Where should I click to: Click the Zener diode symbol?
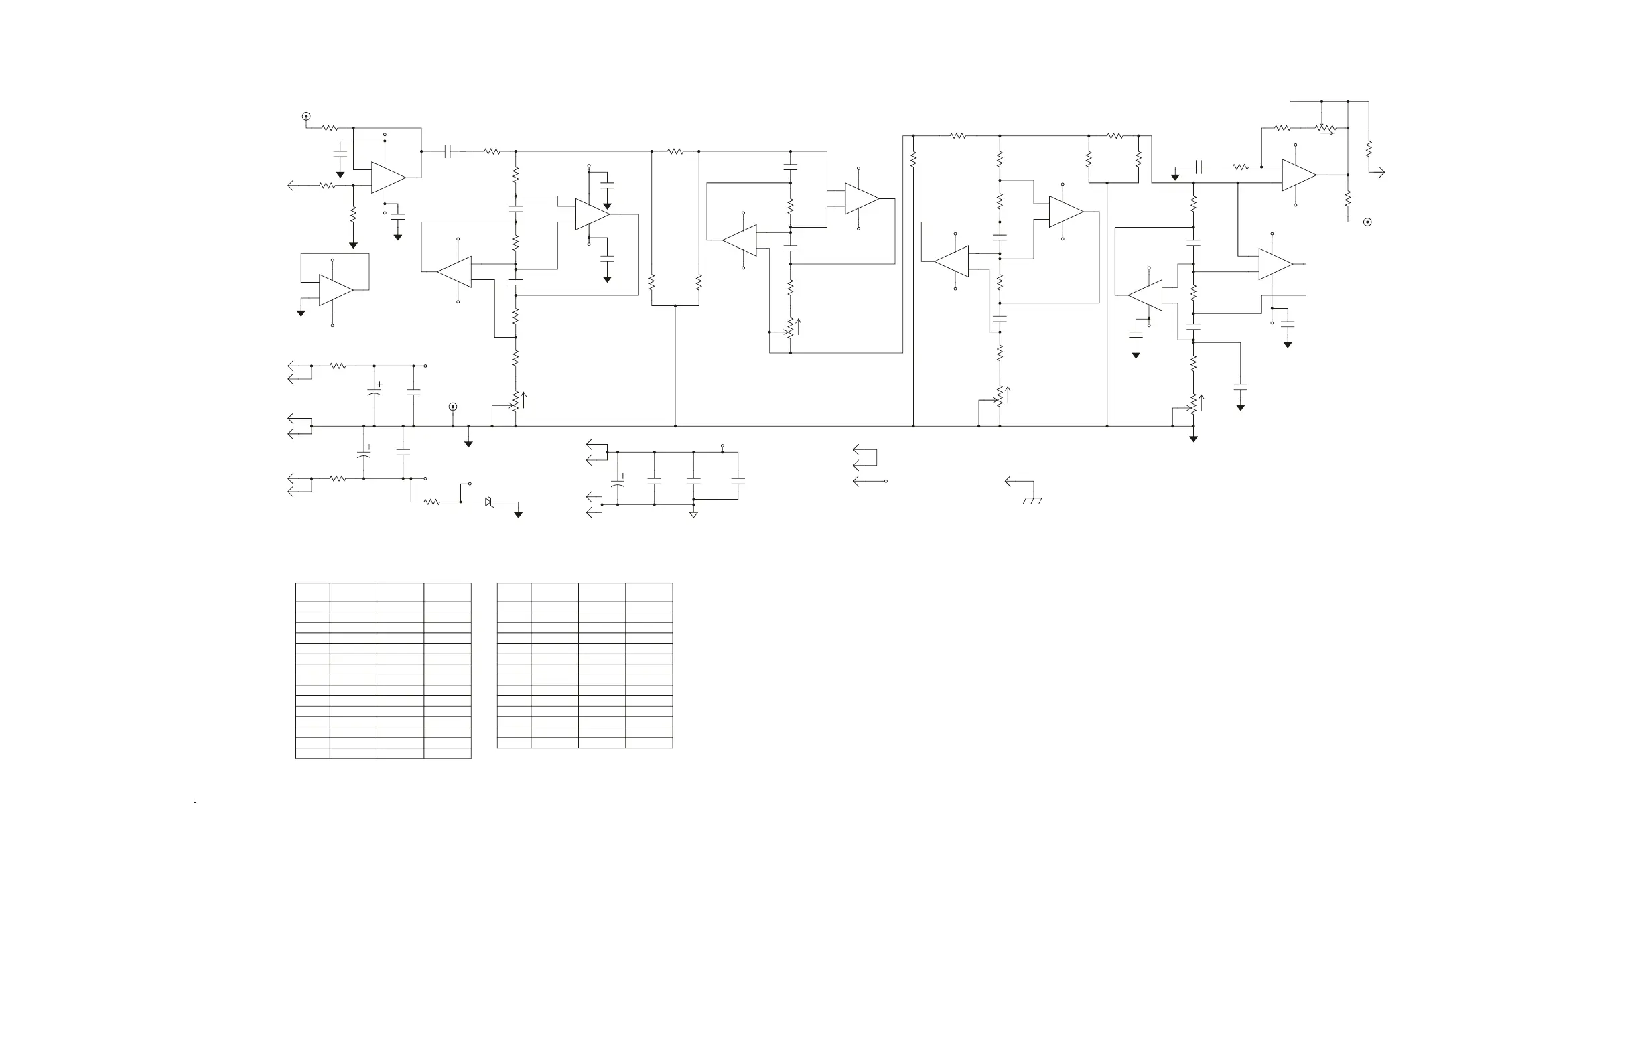(489, 502)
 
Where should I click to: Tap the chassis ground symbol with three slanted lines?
(1032, 500)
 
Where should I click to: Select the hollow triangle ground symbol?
(693, 514)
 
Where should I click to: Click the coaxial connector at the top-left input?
(306, 117)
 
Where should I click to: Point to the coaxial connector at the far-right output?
(1367, 222)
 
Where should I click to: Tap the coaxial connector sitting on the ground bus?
(453, 407)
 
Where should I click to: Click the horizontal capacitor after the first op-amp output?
(448, 151)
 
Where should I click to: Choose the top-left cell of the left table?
(312, 592)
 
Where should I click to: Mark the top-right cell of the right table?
(648, 592)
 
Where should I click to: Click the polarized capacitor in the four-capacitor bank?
(618, 484)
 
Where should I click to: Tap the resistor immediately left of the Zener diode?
(432, 502)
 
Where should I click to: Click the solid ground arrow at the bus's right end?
(1192, 438)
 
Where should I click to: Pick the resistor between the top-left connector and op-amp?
(330, 128)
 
